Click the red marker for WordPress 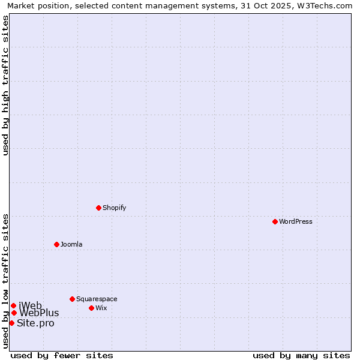[x=275, y=221]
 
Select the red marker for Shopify [x=98, y=208]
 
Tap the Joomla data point [x=56, y=244]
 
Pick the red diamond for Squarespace [x=72, y=299]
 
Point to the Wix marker [x=91, y=308]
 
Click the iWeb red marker [x=13, y=305]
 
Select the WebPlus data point [x=14, y=313]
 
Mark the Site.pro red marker [x=11, y=323]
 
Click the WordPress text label [x=296, y=222]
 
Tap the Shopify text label [x=114, y=208]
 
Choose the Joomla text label [x=71, y=245]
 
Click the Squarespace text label [x=97, y=299]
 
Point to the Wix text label [x=101, y=308]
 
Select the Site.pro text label [x=35, y=323]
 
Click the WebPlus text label [x=39, y=313]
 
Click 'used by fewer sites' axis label [x=62, y=355]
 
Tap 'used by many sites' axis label [x=301, y=355]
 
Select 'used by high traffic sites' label [x=5, y=85]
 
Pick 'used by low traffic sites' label [x=5, y=281]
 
